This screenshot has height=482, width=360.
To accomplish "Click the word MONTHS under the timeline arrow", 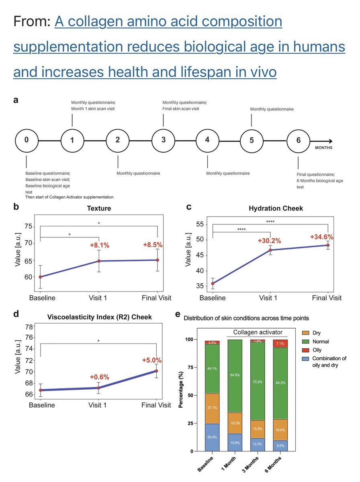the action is coord(323,148).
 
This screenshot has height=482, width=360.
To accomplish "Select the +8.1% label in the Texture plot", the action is coord(100,245).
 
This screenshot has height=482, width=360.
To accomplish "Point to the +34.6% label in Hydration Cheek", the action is coord(321,237).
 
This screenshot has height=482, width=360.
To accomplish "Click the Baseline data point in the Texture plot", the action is coord(41,277).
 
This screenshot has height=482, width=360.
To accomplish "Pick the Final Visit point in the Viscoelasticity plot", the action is coord(156,371).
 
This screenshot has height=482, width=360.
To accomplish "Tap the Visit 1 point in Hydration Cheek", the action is coord(270,250).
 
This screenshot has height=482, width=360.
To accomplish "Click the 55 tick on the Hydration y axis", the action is coord(200,225).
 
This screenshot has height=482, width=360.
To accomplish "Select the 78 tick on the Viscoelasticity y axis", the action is coord(29,327).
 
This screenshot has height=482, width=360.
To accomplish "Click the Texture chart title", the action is coord(99,208).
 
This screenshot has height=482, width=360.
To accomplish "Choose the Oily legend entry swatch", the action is coord(305,350).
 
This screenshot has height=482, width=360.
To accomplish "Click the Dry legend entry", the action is coord(311,333).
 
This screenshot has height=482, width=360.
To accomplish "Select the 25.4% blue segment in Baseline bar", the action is coord(212,437).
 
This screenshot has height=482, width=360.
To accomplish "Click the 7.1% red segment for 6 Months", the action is coord(280,344).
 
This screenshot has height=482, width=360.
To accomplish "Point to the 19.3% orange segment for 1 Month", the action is coord(235,423).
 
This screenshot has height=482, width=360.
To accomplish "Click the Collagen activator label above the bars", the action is coord(258,332).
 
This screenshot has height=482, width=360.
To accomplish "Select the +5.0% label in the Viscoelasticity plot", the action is coord(152,360).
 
